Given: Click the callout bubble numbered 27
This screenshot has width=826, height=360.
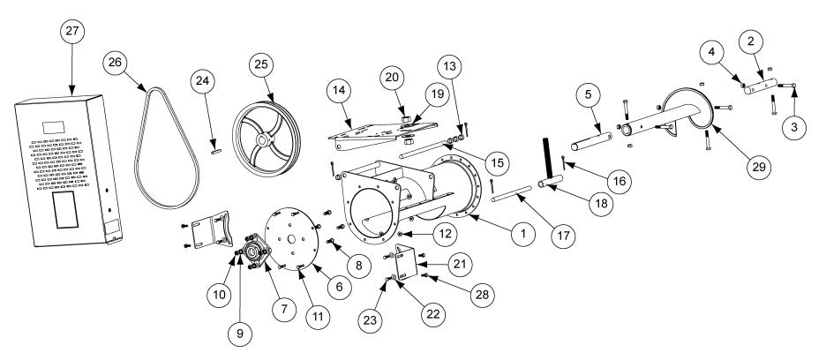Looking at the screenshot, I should [x=71, y=31].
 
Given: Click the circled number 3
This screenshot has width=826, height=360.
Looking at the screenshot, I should [x=796, y=127].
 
